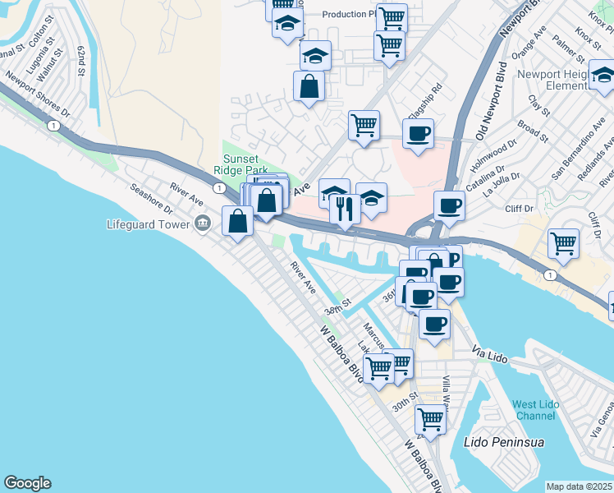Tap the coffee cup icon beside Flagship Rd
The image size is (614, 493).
[418, 133]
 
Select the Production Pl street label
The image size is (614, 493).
[348, 14]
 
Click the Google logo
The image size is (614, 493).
[27, 483]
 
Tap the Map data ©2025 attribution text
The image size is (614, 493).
[580, 486]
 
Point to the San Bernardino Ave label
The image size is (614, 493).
[579, 147]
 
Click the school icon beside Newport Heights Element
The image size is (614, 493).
[603, 76]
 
